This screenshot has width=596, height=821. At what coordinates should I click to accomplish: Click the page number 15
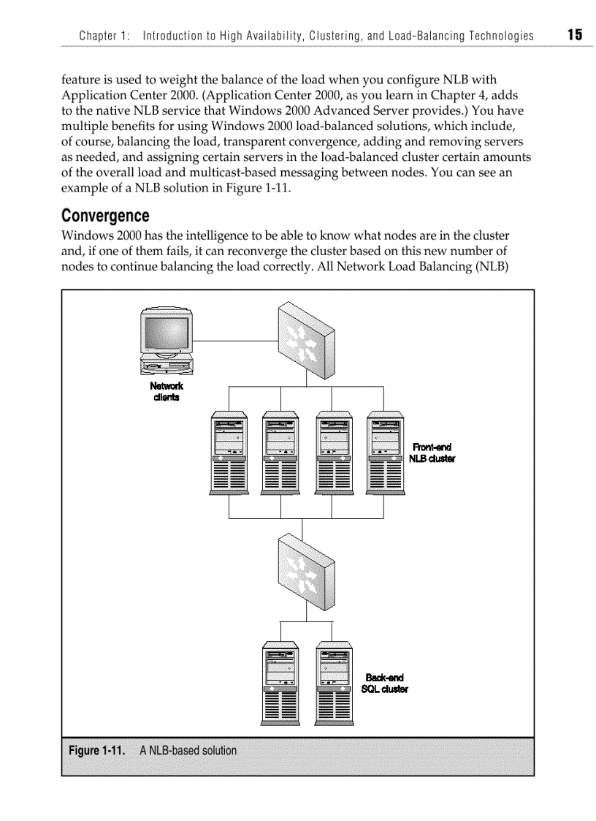[574, 34]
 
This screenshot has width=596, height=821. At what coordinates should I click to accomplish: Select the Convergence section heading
[105, 216]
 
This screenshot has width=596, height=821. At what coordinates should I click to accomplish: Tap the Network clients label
[167, 391]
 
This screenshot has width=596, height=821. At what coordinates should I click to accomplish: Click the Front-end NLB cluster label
[433, 453]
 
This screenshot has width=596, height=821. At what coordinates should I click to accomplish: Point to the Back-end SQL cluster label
[384, 683]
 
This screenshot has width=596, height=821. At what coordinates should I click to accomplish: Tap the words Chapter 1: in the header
[104, 36]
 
